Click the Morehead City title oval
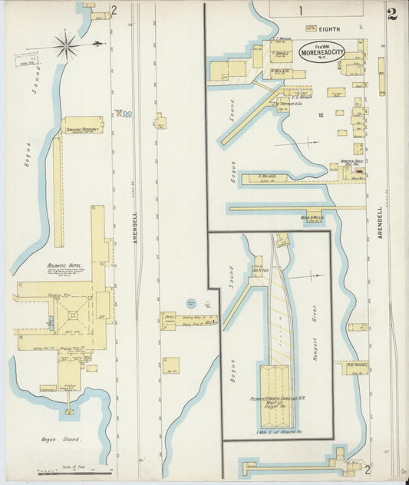[x=322, y=51]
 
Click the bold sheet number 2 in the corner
[x=392, y=13]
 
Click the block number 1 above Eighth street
[x=302, y=10]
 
